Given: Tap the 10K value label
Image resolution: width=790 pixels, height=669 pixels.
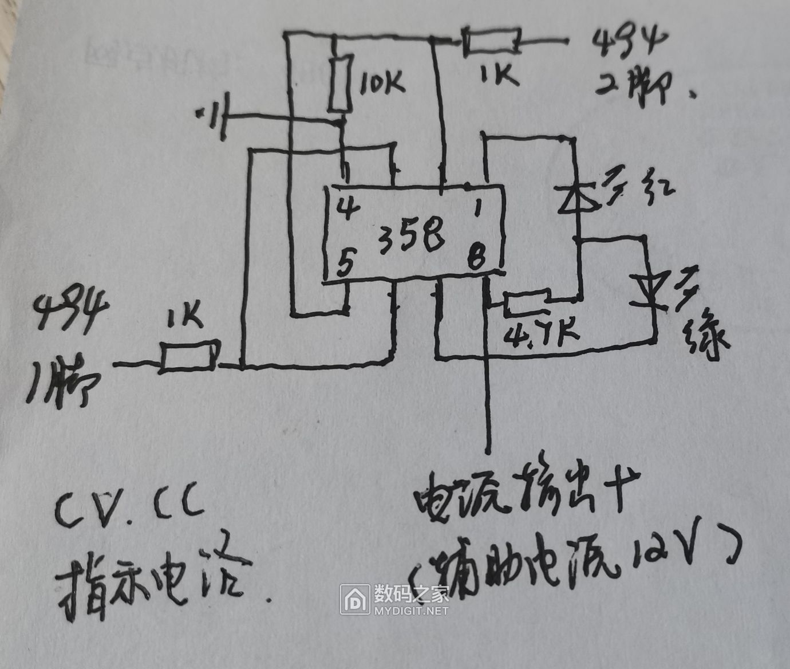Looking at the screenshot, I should pos(382,84).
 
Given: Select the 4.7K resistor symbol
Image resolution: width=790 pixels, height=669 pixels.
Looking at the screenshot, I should pos(527,304).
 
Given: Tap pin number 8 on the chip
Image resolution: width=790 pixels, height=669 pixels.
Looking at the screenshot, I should pos(476,256).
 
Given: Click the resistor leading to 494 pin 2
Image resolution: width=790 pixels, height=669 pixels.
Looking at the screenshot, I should pos(492,41).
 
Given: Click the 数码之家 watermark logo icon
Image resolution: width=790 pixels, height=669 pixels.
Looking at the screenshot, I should pos(355,599).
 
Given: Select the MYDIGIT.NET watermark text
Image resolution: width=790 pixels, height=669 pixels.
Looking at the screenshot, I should pos(411,611).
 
